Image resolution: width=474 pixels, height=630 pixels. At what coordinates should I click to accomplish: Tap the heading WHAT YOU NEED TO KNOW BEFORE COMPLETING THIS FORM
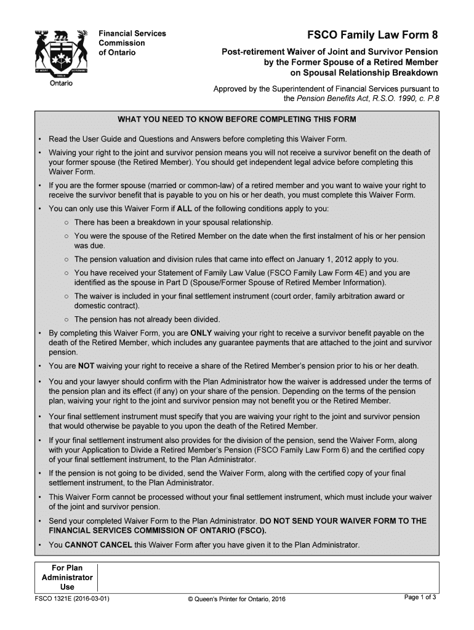click(237, 119)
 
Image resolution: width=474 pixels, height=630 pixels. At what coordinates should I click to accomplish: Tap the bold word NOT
click(86, 365)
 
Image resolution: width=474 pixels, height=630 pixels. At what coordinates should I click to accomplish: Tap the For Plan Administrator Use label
click(66, 577)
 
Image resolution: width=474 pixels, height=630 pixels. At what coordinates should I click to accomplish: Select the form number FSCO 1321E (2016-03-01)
click(73, 599)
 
